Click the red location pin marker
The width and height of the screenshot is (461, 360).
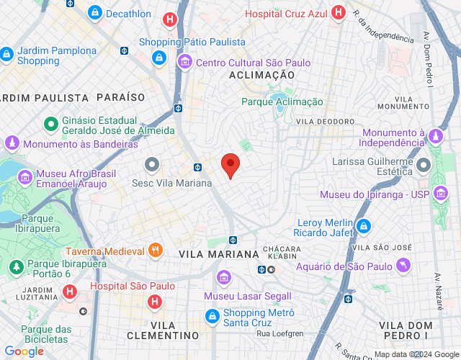pos(230,166)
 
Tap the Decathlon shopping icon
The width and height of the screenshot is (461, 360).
pos(94,13)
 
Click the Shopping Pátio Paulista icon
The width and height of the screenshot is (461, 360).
pos(158,56)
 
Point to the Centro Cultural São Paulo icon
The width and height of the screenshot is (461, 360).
pos(185,63)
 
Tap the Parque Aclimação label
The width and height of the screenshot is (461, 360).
pos(282,102)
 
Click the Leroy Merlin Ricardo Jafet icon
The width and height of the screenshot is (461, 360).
pos(364,227)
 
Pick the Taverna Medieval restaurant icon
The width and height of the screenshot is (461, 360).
pos(156,251)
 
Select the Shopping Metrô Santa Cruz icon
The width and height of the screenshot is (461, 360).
pos(212,315)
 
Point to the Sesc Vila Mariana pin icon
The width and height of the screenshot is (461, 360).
pos(152,165)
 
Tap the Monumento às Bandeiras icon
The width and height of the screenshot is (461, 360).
pos(12,144)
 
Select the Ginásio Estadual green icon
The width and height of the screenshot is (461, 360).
pos(51,124)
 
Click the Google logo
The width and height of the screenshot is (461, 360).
pos(24,351)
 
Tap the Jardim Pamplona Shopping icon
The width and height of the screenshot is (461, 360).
pos(6,54)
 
